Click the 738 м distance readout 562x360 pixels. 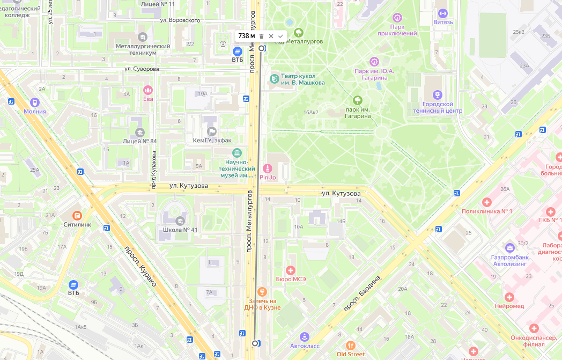point(246,36)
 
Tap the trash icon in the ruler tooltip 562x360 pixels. point(261,36)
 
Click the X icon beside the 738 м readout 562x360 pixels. point(271,36)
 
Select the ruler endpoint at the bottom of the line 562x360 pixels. point(255,343)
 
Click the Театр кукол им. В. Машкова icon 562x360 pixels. point(275,79)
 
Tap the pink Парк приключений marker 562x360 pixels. point(397,18)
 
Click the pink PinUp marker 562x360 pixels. point(267,168)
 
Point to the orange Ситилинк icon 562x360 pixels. point(78,216)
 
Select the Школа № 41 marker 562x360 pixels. point(180,221)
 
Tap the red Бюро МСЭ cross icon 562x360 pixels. point(291,270)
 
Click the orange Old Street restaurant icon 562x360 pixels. point(350,345)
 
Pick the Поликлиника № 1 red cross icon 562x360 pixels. point(487,202)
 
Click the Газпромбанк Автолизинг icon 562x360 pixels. point(510,248)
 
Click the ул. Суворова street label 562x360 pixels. point(142,69)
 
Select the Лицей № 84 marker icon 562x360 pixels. point(139,132)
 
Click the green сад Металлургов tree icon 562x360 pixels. point(298,33)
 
